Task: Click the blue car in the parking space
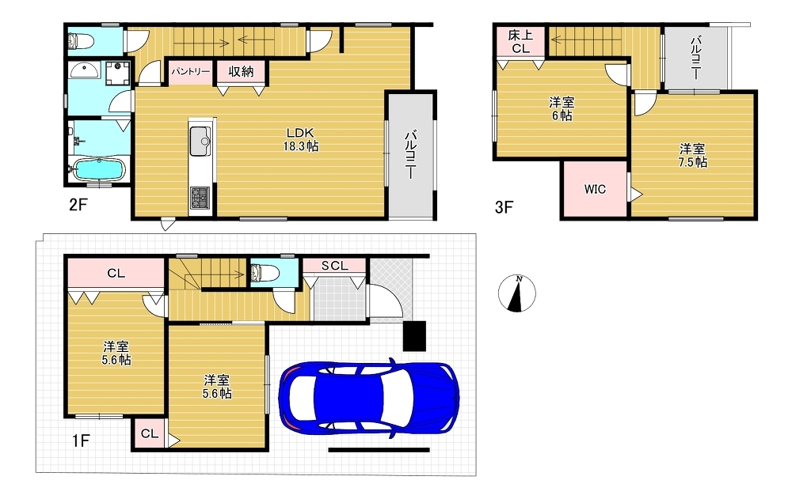click(368, 396)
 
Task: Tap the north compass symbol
click(516, 293)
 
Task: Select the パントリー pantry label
click(190, 72)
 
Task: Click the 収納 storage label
click(241, 72)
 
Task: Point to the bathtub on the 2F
click(98, 169)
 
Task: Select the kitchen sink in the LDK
click(200, 142)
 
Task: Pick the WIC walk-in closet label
click(595, 189)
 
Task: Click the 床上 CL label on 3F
click(520, 42)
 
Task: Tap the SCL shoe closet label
click(335, 266)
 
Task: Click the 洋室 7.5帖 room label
click(692, 156)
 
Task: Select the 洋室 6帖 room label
click(562, 109)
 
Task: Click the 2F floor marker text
click(78, 204)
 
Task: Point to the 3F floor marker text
click(504, 207)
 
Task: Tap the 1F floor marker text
click(80, 441)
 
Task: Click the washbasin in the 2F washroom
click(85, 70)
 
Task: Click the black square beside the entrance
click(415, 336)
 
